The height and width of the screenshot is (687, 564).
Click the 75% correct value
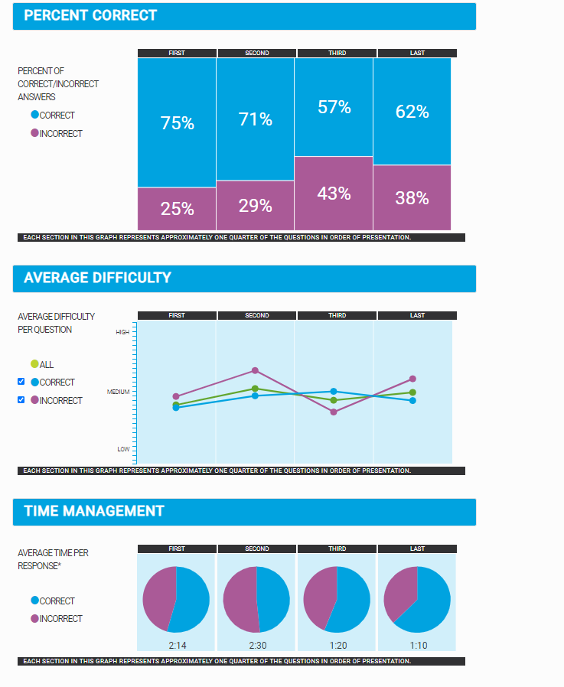click(x=178, y=123)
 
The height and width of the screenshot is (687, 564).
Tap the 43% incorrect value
click(x=334, y=194)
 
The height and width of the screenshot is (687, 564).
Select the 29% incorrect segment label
click(x=256, y=205)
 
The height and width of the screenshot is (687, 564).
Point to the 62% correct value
click(x=412, y=112)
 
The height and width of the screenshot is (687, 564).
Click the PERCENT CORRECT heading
click(x=90, y=15)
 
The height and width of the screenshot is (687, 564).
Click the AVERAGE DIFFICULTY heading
click(x=97, y=278)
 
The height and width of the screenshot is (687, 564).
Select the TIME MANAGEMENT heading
click(x=93, y=511)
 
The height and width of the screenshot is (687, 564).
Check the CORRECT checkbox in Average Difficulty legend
click(x=21, y=382)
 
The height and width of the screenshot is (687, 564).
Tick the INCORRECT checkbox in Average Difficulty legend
click(x=21, y=399)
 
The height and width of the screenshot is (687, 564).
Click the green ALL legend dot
click(x=34, y=364)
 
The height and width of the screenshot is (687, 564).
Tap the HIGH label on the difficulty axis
click(x=122, y=332)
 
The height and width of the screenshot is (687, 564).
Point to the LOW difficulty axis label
click(x=123, y=449)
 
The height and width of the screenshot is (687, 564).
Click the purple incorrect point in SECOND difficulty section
click(x=255, y=370)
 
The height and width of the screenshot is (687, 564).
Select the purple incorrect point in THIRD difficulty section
click(x=334, y=412)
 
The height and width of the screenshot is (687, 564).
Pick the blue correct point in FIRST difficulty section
click(x=176, y=408)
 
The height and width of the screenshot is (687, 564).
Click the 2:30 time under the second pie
click(x=258, y=645)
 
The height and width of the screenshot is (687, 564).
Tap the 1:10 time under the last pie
click(x=419, y=645)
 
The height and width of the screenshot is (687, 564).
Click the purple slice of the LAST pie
click(x=401, y=590)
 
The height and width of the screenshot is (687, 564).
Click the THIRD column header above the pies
click(x=337, y=549)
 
